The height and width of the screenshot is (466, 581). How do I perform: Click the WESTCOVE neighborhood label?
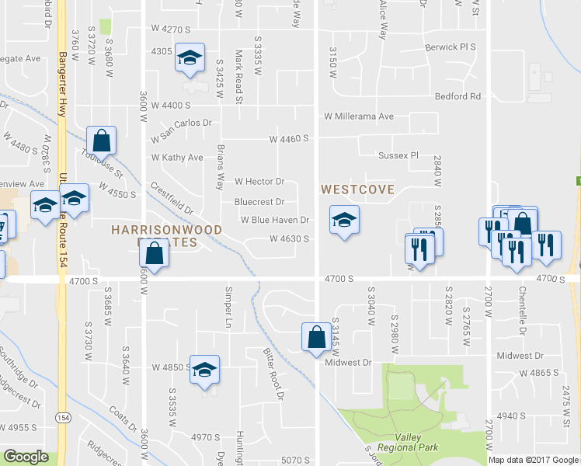358,189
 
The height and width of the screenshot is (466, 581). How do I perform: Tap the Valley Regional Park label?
408,442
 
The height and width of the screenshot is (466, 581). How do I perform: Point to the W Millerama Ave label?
359,116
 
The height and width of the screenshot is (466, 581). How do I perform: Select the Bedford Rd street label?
458,97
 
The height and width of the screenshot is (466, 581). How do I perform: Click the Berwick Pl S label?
450,47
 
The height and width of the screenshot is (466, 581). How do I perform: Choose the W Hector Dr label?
259,182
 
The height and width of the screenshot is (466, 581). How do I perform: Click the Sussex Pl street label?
398,155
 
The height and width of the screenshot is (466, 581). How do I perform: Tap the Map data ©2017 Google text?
533,460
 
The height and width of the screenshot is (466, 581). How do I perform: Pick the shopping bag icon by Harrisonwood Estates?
155,254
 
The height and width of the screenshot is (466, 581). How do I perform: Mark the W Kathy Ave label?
177,158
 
